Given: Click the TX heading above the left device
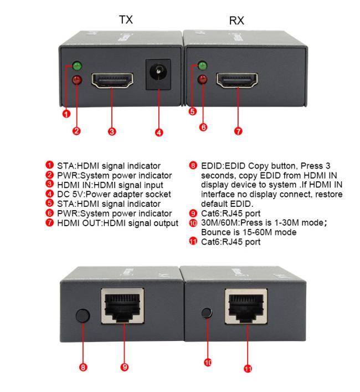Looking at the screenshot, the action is [x=126, y=19].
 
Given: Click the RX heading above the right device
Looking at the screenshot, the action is [x=236, y=21].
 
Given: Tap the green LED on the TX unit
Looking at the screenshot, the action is [x=77, y=66].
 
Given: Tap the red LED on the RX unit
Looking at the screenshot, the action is [x=203, y=79].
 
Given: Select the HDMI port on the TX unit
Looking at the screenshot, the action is [x=112, y=80].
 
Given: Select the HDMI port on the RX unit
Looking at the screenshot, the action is [x=237, y=80].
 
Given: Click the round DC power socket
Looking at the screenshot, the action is [x=158, y=74].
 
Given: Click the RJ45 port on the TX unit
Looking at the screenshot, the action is [x=122, y=306].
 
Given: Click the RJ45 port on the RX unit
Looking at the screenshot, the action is [x=246, y=306].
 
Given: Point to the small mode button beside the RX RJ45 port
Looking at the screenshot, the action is [x=207, y=313].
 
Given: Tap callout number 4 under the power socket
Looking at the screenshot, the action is [x=159, y=133].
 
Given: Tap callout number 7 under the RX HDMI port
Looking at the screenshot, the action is [x=238, y=131].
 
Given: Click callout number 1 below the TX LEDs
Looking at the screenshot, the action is [x=66, y=114].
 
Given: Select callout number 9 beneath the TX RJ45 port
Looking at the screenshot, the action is [x=124, y=367].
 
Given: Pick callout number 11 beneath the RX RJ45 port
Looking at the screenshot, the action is [x=248, y=369].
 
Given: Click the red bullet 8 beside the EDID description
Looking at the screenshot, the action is [x=193, y=165].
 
